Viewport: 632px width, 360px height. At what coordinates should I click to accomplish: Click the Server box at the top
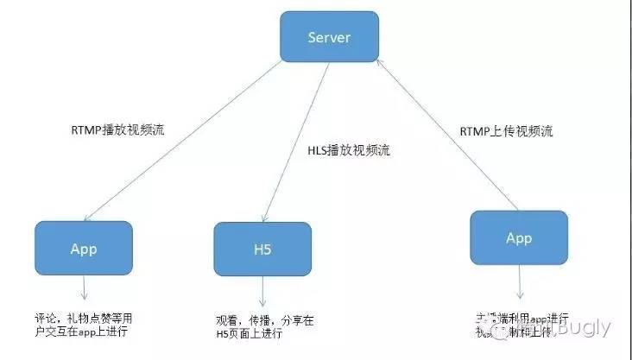[329, 36]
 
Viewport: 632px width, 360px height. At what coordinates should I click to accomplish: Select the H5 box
[262, 249]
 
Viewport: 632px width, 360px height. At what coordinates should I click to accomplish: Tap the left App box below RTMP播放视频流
[84, 249]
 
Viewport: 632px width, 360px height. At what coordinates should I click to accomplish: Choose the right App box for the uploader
[519, 237]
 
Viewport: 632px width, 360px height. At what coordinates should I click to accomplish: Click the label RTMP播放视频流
[118, 130]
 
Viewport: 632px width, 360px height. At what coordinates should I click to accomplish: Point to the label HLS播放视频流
[349, 150]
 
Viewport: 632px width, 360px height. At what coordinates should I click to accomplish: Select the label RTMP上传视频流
[506, 132]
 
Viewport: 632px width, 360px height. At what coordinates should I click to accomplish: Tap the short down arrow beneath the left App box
[84, 288]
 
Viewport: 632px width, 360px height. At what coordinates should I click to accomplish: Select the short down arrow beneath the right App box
[520, 282]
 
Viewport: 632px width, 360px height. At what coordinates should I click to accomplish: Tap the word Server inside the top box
[329, 36]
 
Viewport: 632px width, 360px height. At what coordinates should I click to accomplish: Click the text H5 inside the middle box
[262, 249]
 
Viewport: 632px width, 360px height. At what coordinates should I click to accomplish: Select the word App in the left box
[84, 249]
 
